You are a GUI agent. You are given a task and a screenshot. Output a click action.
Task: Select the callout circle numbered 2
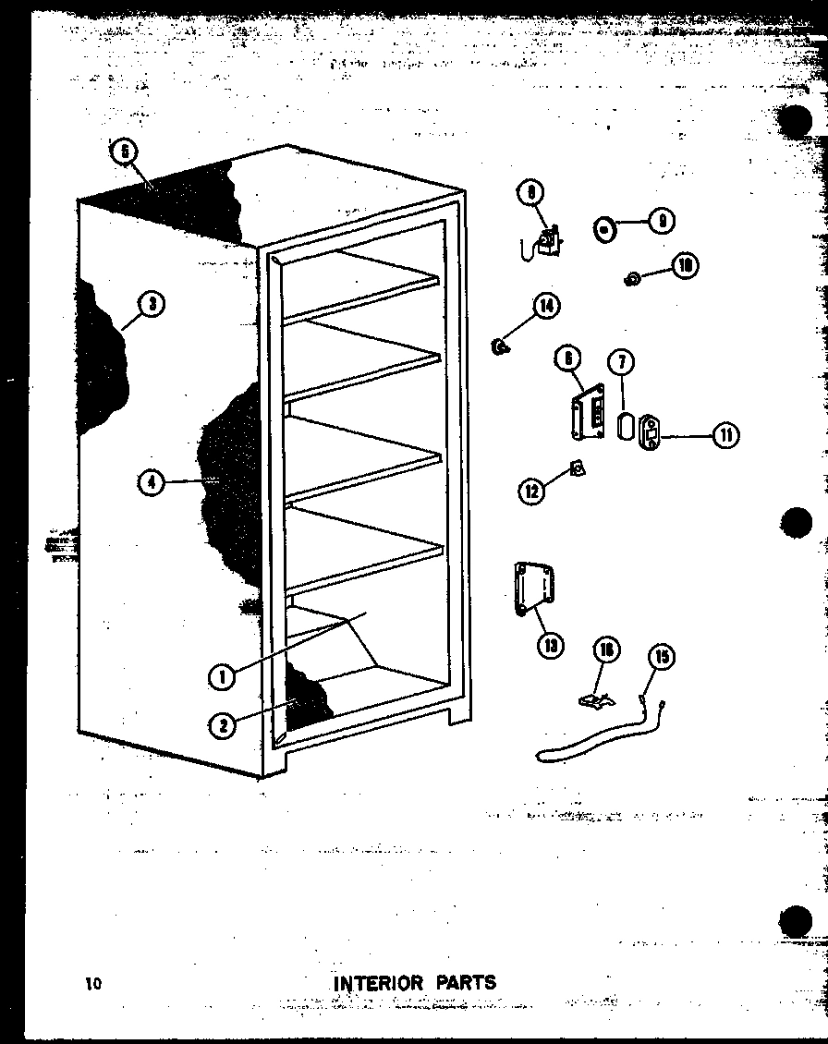coord(222,726)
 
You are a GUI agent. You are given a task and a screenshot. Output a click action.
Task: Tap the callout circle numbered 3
coord(151,304)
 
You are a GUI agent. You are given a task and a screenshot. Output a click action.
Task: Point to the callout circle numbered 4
coord(151,481)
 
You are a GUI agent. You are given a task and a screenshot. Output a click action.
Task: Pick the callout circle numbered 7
coord(622,361)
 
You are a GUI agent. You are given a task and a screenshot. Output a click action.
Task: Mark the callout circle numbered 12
coord(531,491)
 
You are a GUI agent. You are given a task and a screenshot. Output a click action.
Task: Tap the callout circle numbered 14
coord(546,306)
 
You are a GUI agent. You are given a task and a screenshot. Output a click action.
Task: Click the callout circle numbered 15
coord(663,658)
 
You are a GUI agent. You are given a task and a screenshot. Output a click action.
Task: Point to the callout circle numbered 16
coord(607,650)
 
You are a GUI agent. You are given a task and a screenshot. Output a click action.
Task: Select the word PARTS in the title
coord(461,982)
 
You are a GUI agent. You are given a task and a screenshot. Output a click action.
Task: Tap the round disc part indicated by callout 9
coord(603,227)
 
